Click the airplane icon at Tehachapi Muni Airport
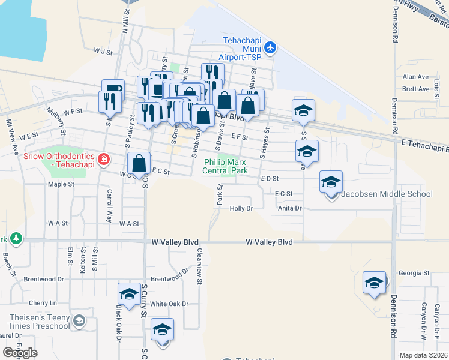270,47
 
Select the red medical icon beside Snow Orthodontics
104,159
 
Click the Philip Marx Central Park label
226,166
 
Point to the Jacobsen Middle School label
387,194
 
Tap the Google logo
20,353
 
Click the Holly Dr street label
241,208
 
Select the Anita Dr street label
289,208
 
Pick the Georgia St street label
417,273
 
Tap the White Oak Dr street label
169,304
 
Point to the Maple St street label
60,184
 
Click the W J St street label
103,52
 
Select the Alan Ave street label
415,77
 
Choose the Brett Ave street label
415,89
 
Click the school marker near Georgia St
374,283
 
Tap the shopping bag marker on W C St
139,164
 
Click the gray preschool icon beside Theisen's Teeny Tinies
79,320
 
